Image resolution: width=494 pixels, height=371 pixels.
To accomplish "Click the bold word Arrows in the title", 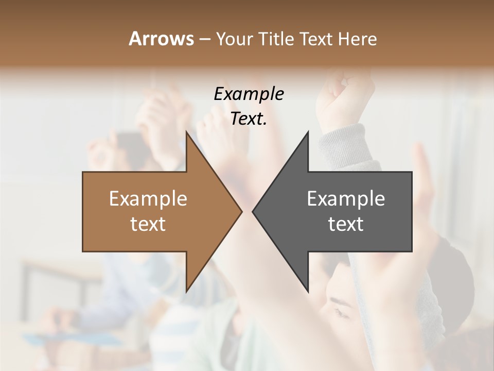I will [x=162, y=39].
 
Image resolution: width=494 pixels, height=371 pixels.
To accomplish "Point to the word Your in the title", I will [x=234, y=39].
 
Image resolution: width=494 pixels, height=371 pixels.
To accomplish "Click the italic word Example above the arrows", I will [x=249, y=94].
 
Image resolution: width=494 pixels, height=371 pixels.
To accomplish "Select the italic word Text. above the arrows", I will [x=249, y=119].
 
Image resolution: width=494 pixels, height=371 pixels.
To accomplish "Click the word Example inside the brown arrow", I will [x=148, y=199].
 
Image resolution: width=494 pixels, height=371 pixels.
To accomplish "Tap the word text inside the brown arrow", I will [x=148, y=224].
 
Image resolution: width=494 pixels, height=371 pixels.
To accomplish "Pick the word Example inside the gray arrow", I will [x=346, y=199].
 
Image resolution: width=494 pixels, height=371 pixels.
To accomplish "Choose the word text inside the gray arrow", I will [x=346, y=224].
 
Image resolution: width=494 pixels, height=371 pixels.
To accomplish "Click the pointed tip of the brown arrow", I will [x=241, y=211].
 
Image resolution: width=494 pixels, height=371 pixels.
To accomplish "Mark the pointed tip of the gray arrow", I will [x=253, y=211].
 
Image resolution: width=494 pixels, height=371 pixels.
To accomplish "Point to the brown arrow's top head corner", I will [x=186, y=132].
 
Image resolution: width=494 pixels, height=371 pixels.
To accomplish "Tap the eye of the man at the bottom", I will [x=341, y=312].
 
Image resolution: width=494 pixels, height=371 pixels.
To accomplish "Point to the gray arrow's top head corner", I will [x=308, y=132].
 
